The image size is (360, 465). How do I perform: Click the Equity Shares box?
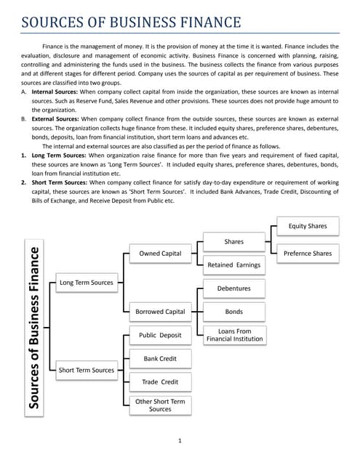308,226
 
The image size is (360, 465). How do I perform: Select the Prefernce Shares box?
308,254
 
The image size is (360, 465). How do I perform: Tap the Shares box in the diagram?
233,241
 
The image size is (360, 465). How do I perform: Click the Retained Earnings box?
233,265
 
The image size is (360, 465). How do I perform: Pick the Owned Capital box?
160,254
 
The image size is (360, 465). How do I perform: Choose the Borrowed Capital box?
160,312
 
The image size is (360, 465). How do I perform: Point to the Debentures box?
233,288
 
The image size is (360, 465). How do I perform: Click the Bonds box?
233,312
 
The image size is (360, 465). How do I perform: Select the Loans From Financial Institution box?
233,335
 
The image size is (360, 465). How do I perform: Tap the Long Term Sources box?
86,282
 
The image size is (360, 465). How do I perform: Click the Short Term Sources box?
86,370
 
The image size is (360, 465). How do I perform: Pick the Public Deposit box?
160,336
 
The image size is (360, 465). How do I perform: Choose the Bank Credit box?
160,359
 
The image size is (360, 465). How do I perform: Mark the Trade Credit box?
160,381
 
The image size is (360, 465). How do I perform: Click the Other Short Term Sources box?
160,405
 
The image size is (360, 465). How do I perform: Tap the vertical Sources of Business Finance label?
34,328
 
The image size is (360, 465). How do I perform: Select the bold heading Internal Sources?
55,93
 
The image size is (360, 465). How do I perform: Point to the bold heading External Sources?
55,118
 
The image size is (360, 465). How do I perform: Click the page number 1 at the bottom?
180,441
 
